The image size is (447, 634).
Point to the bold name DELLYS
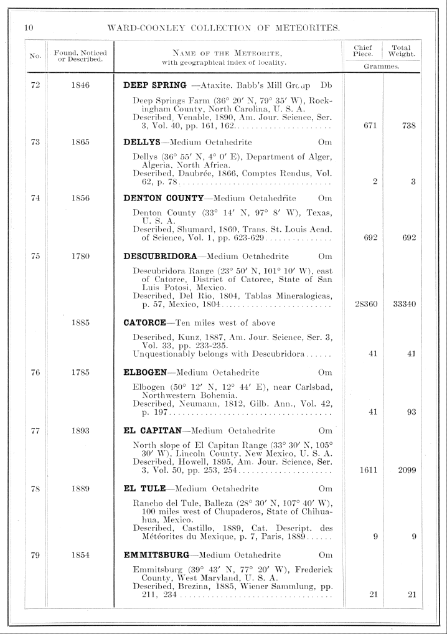tap(141, 141)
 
